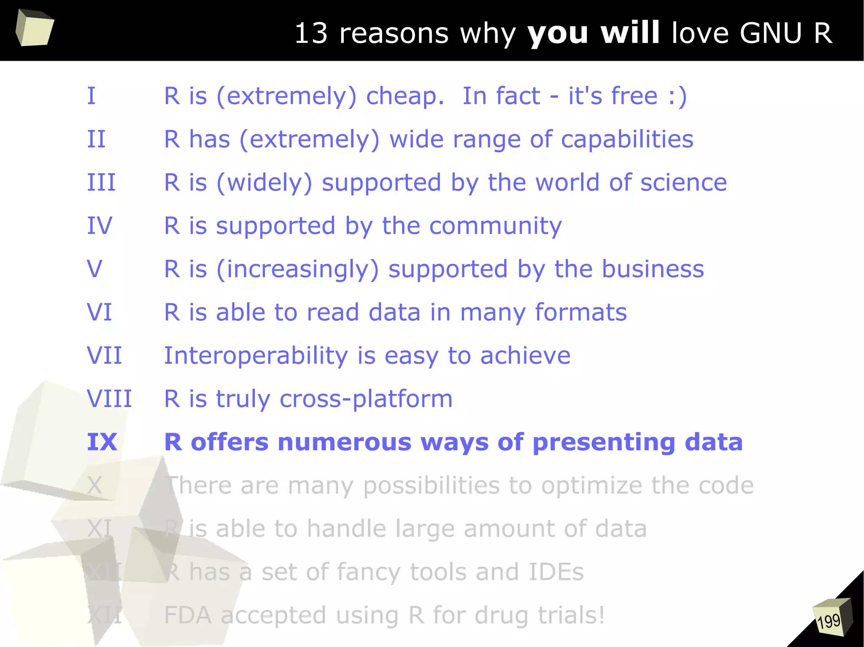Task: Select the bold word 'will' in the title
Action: coord(630,33)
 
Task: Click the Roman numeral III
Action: coord(101,183)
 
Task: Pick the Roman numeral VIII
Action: coord(109,399)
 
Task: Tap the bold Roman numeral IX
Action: coord(102,442)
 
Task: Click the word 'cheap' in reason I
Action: coord(405,97)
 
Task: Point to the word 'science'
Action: coord(683,183)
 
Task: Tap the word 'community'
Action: coord(495,226)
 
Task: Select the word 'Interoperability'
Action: coord(256,356)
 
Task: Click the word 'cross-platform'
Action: coord(366,399)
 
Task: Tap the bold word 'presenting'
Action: coord(604,443)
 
